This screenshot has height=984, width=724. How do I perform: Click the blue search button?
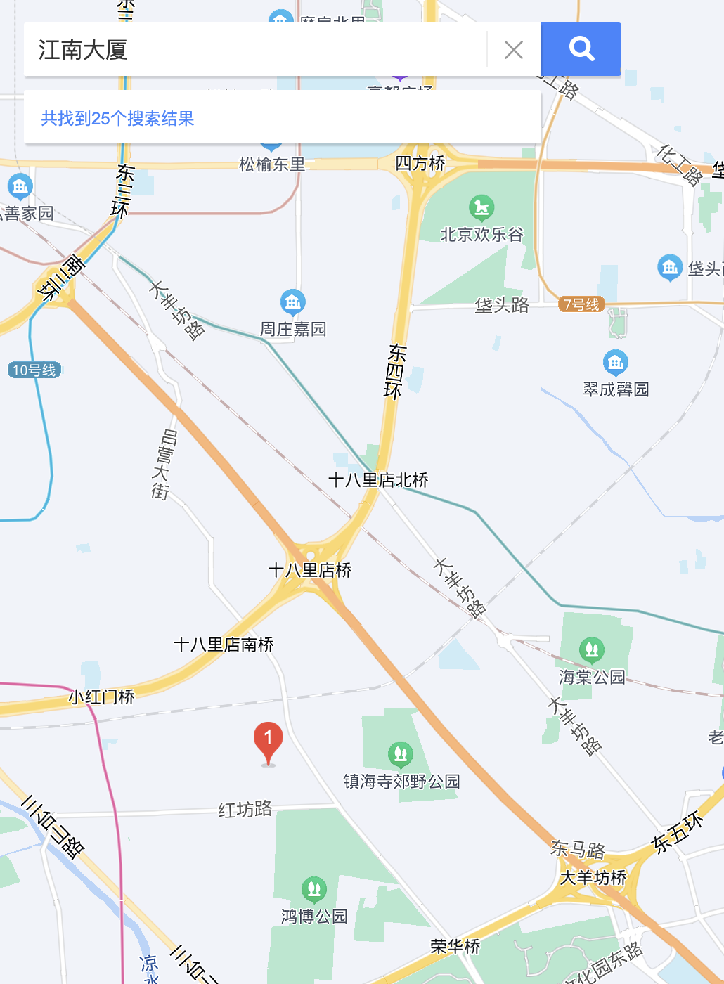point(581,49)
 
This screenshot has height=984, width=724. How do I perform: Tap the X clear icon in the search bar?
point(514,50)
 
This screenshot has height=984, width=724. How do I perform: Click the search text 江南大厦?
point(83,50)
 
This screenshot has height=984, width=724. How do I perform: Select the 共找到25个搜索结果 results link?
point(117,118)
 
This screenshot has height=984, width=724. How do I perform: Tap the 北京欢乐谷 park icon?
point(481,207)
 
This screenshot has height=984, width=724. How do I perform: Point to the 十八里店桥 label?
point(310,570)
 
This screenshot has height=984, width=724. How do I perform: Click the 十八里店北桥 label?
point(378,480)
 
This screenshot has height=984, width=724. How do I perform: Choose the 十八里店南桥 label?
point(224,645)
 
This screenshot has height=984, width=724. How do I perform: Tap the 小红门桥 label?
point(101,697)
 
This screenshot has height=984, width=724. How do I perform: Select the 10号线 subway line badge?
point(34,370)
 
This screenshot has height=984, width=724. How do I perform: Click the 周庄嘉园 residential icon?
point(292,302)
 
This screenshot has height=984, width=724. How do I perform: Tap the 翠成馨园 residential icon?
point(616,363)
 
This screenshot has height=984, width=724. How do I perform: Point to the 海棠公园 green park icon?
point(592,649)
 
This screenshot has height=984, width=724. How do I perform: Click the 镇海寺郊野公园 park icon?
point(401,754)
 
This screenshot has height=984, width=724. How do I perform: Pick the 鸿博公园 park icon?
point(314,889)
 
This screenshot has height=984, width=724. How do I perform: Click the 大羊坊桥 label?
point(593,878)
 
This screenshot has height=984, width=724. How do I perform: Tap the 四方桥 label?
point(420,163)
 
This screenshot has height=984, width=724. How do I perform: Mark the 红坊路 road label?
point(245,810)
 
